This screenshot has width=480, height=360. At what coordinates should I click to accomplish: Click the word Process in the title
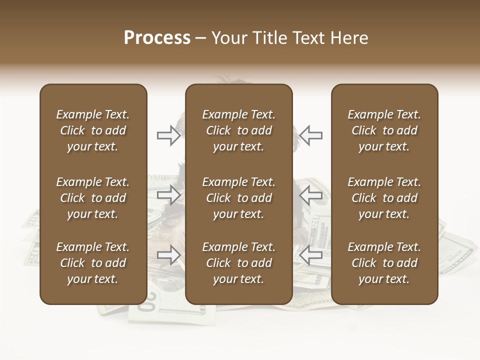(x=157, y=38)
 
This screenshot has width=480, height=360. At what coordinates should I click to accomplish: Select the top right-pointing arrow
(x=169, y=135)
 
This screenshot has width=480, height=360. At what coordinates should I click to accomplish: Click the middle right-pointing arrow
(x=169, y=195)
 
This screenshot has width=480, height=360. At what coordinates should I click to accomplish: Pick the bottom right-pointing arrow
(x=169, y=255)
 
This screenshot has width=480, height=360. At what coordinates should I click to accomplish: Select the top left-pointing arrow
(x=310, y=135)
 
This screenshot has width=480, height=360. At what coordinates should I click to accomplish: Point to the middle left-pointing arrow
(x=310, y=195)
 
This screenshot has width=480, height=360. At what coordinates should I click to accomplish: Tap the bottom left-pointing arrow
(x=310, y=255)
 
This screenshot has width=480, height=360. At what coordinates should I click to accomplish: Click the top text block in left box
(x=93, y=130)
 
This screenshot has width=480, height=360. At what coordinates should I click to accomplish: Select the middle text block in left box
(x=93, y=198)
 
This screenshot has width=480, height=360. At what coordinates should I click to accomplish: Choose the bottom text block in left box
(x=93, y=263)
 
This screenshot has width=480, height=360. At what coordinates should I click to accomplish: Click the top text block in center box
(x=239, y=130)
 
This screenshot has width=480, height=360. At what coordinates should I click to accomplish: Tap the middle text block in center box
(x=239, y=198)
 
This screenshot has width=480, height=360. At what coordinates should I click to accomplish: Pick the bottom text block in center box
(x=239, y=263)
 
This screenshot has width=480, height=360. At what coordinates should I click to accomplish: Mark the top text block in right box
(x=384, y=130)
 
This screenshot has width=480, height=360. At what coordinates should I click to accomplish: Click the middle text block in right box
(x=384, y=198)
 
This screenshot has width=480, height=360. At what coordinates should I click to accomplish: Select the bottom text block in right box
(x=384, y=263)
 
